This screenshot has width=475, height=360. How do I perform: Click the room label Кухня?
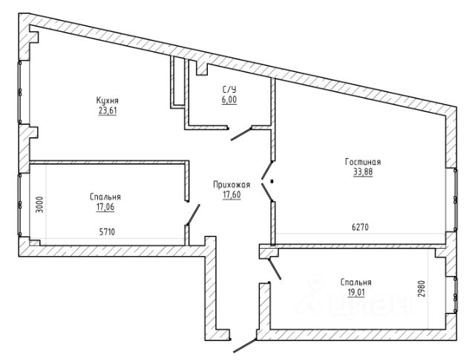108,100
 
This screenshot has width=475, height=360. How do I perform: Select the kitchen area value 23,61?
108,111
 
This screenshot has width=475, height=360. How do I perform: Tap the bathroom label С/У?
229,89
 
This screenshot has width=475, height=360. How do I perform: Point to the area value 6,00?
229,99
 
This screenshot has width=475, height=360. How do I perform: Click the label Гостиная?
363,162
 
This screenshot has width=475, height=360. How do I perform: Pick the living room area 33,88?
363,172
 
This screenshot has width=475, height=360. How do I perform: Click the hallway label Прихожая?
232,185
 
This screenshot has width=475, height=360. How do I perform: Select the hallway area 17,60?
232,195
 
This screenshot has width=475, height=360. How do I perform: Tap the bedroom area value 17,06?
105,207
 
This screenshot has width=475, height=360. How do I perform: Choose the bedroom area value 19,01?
356,292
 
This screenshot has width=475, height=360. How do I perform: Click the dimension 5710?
107,232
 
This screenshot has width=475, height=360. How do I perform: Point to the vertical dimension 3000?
39,205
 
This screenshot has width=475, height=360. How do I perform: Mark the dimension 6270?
360,226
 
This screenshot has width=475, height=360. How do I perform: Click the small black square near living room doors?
272,182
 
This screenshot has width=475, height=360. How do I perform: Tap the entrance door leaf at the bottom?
245,345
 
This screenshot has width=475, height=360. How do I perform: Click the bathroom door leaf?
241,134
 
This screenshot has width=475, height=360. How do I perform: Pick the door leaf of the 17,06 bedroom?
193,215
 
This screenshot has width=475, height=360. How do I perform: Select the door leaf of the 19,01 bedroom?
275,269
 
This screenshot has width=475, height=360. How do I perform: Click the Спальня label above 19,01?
356,282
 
